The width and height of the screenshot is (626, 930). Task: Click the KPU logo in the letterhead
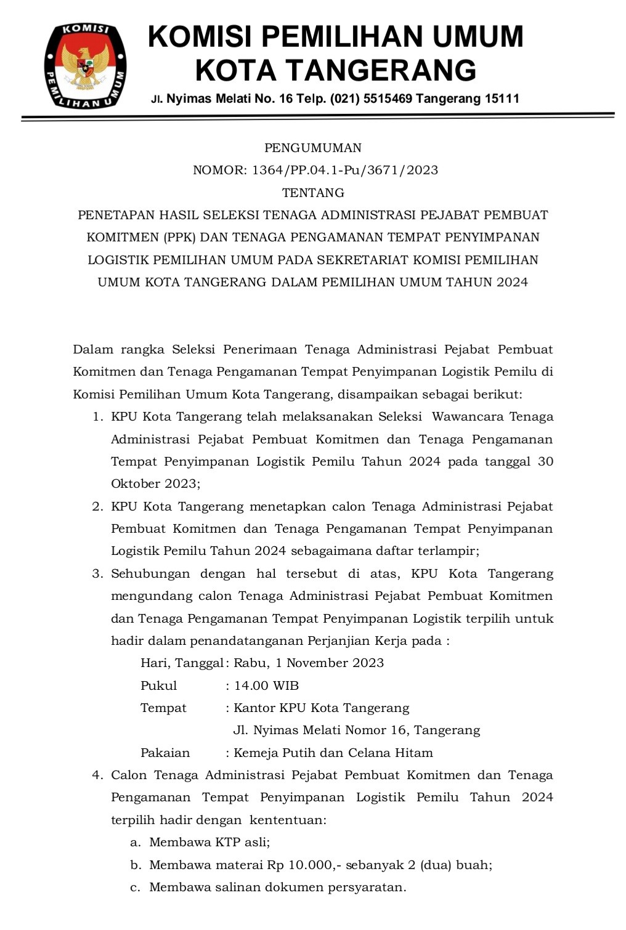(85, 66)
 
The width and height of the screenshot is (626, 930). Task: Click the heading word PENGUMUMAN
(313, 148)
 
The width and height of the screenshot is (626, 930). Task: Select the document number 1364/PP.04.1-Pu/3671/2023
(345, 170)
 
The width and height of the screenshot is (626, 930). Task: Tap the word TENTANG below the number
(313, 193)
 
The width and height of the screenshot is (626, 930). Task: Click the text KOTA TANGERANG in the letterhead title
(335, 70)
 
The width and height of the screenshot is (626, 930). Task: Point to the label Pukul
(158, 685)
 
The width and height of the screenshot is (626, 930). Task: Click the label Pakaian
(165, 753)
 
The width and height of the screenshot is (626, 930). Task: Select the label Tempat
(163, 708)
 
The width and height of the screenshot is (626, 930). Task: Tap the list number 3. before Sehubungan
(97, 573)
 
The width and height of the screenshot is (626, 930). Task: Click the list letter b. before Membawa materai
(136, 865)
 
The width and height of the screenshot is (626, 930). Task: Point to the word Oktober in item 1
(135, 483)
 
